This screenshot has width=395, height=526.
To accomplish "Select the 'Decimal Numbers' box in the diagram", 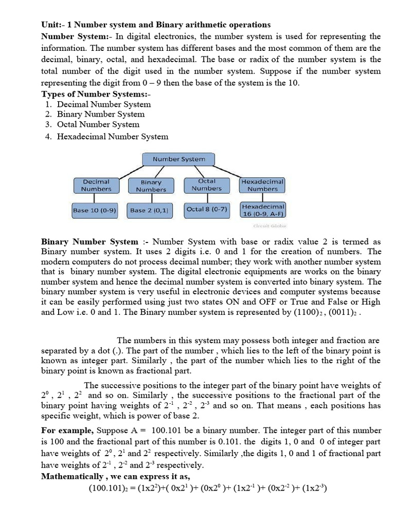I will coord(96,185).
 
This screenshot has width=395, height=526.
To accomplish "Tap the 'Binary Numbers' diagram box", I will coord(151,185).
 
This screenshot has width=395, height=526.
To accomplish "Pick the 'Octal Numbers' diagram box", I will coord(206,185).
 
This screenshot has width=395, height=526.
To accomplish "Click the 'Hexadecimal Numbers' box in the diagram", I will coord(262,185).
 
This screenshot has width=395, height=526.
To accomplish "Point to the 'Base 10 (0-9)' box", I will coord(95,210).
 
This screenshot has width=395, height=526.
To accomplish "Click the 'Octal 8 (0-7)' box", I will coord(207,210).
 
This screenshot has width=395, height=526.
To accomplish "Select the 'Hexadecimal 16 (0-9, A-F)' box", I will coord(262,210).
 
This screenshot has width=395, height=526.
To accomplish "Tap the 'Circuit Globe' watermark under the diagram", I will coord(270,226).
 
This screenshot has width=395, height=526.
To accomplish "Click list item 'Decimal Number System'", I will coord(104,104).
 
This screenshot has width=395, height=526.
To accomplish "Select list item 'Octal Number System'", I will coord(98,124).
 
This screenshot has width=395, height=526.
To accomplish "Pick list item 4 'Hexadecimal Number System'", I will coord(112,137).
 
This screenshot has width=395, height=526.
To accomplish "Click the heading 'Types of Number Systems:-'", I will coord(88,94).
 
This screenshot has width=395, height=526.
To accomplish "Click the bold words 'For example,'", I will coord(67,430).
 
